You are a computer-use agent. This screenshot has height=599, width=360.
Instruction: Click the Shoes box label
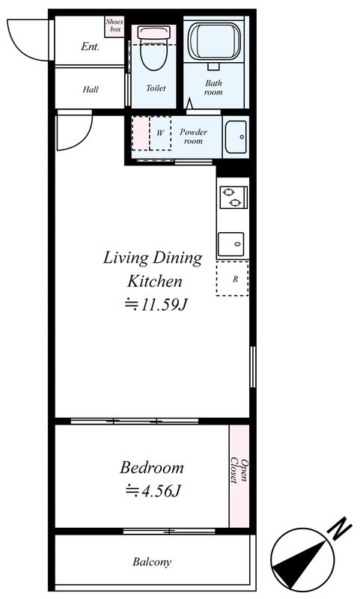point(115,25)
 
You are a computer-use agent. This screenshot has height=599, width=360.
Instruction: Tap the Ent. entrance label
point(90,46)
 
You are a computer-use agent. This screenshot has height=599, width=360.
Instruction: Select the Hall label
point(91,90)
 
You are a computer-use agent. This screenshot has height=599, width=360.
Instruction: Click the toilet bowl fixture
point(154,48)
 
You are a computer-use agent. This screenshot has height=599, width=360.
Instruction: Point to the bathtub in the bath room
point(214,40)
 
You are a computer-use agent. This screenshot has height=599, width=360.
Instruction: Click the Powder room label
point(194,136)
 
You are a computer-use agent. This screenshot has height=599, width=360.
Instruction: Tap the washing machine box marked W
point(160,133)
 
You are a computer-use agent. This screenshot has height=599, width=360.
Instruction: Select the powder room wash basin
point(236,137)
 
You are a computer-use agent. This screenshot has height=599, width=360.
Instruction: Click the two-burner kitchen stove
point(234,197)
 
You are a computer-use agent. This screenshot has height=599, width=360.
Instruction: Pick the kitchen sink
point(231,244)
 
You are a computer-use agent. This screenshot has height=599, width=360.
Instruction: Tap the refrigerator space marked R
point(233,279)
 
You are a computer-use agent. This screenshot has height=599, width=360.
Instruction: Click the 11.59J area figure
point(156,305)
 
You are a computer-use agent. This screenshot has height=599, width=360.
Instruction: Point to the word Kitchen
point(155,282)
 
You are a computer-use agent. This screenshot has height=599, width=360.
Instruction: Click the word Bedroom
point(152,467)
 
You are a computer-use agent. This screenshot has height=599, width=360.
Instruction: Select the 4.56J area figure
point(153,491)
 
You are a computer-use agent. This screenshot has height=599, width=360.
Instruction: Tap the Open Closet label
point(239,470)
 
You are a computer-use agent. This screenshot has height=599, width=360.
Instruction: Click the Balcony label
point(152,562)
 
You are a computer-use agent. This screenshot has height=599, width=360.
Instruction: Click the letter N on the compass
point(339,529)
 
